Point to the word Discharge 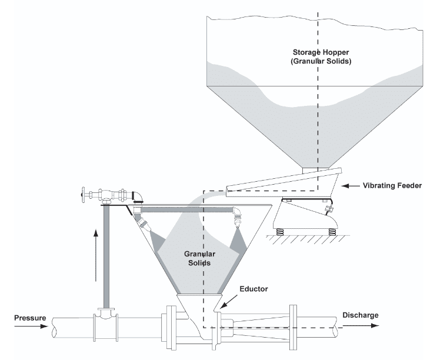point(360,315)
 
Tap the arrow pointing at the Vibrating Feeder point(353,186)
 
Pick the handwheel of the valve point(84,194)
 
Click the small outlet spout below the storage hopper point(309,170)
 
